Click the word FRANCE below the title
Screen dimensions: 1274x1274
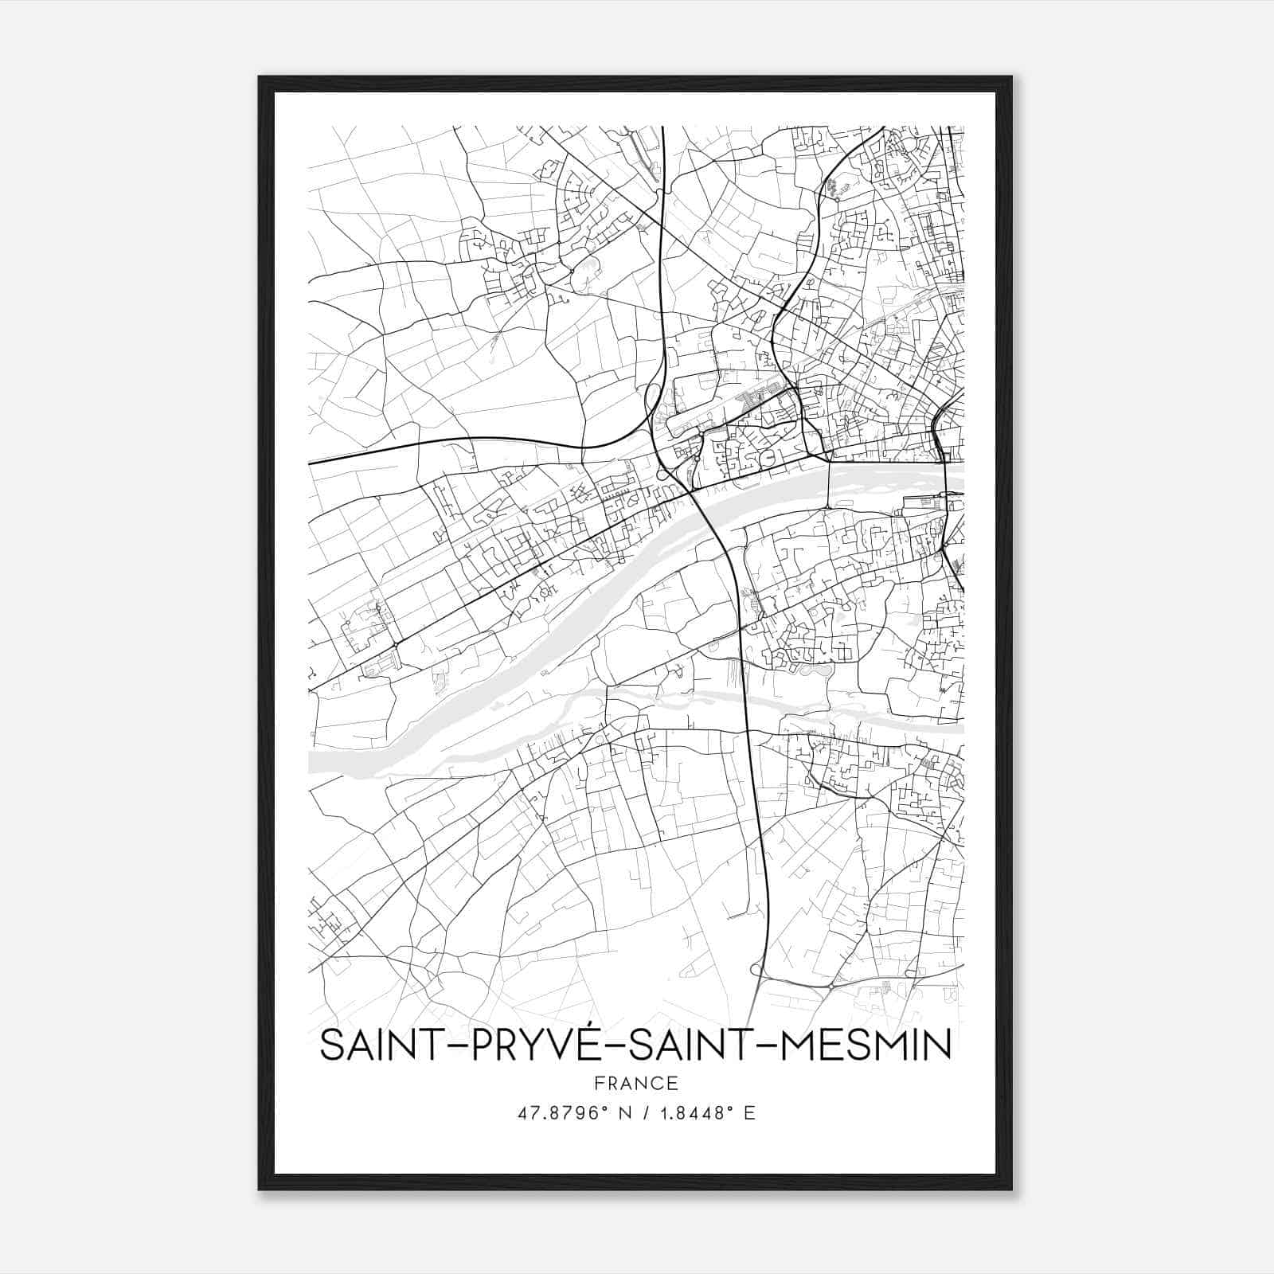tap(635, 1083)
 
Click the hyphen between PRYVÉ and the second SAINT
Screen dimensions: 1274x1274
tap(619, 1048)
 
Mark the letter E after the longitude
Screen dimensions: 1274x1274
tap(749, 1113)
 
